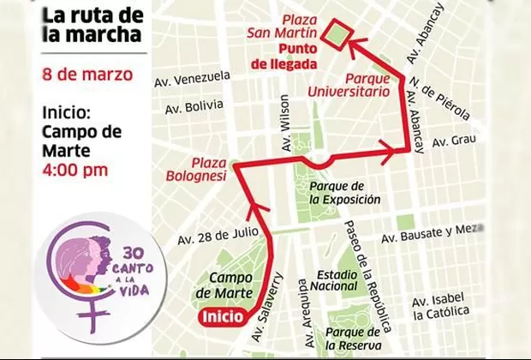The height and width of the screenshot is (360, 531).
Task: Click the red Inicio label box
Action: (224, 317)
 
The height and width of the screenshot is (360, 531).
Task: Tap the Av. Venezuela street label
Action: (193, 78)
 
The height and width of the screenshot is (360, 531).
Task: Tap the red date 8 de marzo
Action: (87, 74)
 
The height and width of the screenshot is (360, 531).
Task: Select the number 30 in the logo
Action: (132, 254)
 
